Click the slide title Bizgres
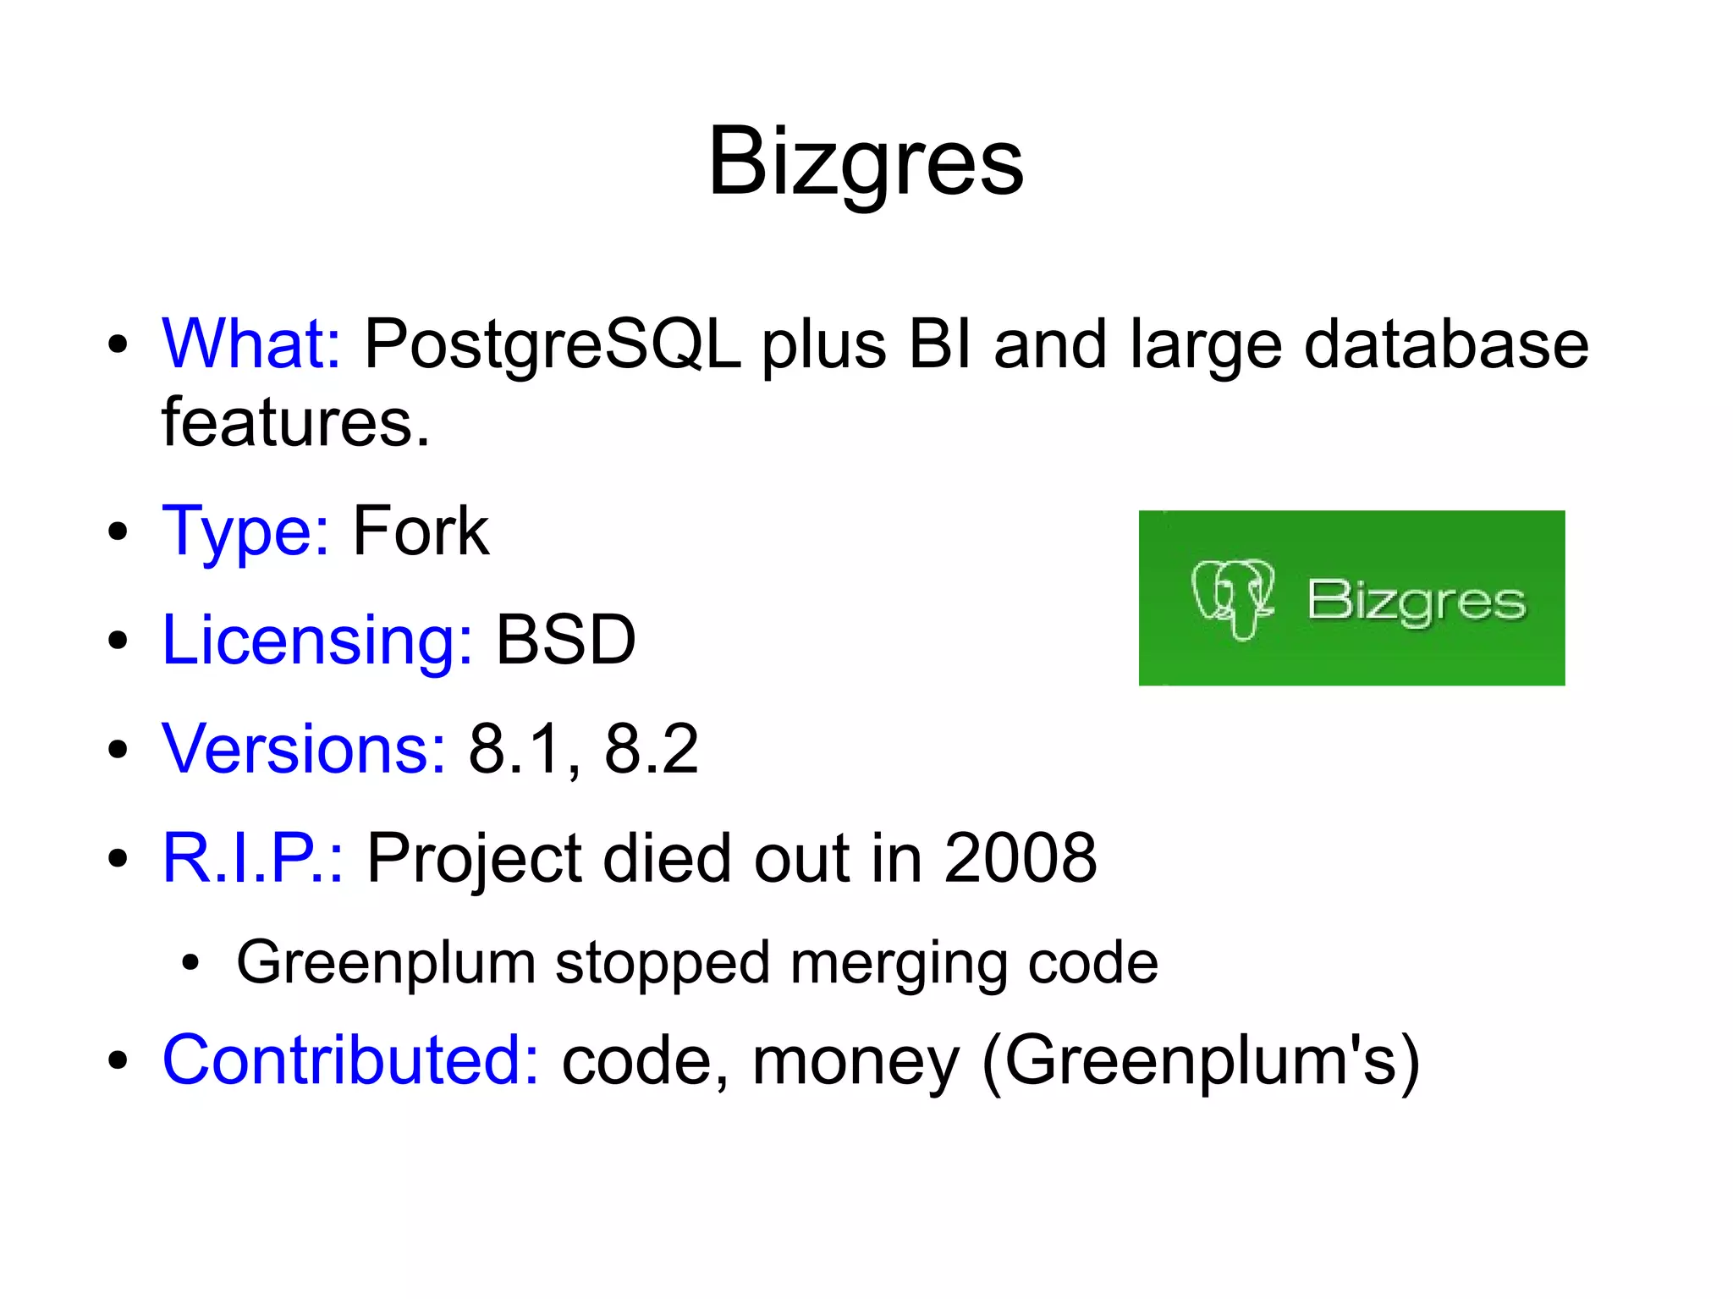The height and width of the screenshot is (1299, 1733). (866, 162)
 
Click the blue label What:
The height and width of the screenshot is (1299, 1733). (251, 344)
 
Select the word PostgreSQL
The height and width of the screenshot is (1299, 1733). (552, 344)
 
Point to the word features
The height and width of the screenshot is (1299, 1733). (295, 422)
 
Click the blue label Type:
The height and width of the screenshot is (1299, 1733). (245, 531)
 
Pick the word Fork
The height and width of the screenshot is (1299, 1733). (421, 531)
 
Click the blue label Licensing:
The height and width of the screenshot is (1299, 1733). (316, 641)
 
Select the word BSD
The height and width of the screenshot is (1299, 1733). (565, 641)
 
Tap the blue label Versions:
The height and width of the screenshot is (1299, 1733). (303, 749)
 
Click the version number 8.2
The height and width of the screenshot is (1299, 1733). (652, 749)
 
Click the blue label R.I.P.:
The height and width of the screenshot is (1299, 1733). (252, 858)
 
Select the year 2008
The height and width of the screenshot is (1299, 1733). (1020, 858)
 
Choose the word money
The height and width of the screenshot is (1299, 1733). (855, 1061)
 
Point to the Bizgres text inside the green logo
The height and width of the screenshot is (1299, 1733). (1417, 602)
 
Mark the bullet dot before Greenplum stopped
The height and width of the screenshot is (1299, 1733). (191, 963)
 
